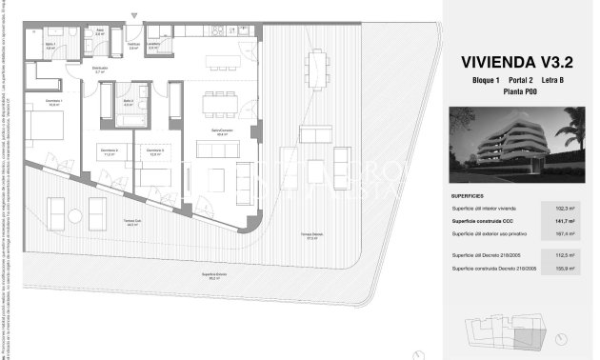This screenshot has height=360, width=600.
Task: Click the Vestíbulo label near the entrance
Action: click(x=134, y=45)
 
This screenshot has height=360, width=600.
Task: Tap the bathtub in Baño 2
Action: click(x=128, y=119)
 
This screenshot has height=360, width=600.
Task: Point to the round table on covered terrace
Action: click(x=96, y=207)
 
